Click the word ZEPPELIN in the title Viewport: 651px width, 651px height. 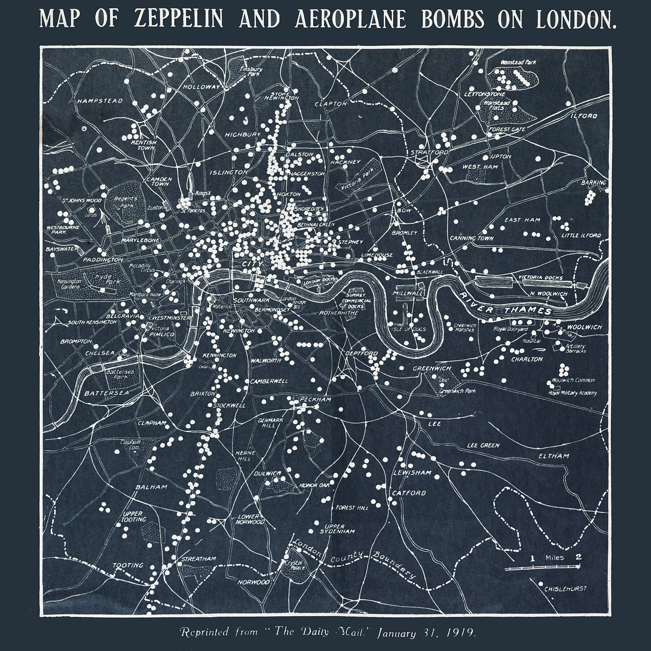pos(178,19)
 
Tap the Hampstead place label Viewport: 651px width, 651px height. pos(100,101)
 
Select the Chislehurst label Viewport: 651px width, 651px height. pos(565,588)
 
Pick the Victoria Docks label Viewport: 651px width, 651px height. pos(541,277)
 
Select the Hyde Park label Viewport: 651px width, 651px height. pos(103,279)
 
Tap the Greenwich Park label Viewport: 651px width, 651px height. pos(457,391)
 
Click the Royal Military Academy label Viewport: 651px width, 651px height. pos(573,393)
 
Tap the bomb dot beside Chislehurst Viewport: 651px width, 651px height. pos(540,583)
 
